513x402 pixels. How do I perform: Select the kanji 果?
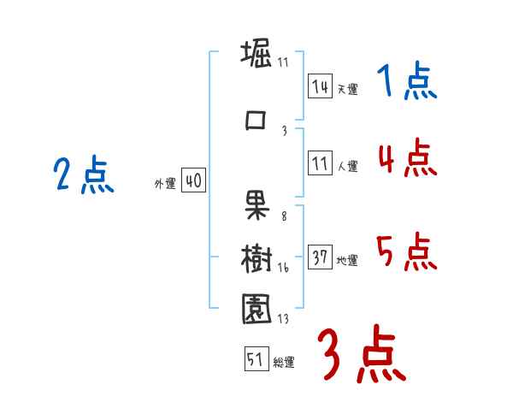pyautogui.click(x=256, y=203)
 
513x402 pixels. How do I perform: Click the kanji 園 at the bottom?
pyautogui.click(x=256, y=309)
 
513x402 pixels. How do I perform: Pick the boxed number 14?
pyautogui.click(x=320, y=86)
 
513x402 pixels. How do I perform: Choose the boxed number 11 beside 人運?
pyautogui.click(x=320, y=165)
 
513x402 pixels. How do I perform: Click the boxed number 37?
pyautogui.click(x=320, y=258)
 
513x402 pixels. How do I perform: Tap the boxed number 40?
pyautogui.click(x=193, y=181)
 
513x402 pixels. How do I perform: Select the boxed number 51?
pyautogui.click(x=256, y=360)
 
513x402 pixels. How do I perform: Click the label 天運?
pyautogui.click(x=346, y=89)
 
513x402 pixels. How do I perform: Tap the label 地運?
pyautogui.click(x=346, y=261)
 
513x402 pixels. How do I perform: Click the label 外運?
pyautogui.click(x=165, y=184)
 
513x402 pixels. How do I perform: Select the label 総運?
pyautogui.click(x=283, y=363)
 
